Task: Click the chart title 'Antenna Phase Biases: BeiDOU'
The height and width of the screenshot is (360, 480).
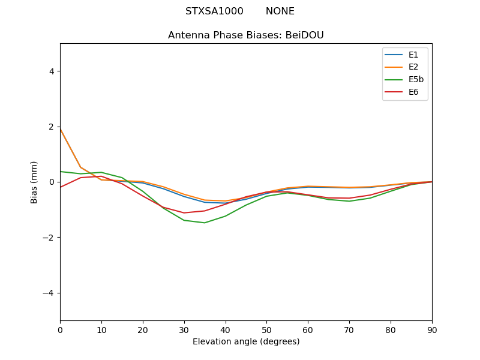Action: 246,35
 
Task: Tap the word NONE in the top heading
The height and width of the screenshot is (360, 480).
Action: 280,11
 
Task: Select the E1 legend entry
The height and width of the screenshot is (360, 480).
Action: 413,55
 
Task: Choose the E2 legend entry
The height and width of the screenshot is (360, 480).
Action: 413,67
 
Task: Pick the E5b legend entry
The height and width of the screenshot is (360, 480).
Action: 416,80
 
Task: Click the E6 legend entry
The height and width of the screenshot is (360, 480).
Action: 413,92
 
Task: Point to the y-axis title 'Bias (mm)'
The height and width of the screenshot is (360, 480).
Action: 34,182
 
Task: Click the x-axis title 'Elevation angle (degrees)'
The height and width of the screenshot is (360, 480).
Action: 246,341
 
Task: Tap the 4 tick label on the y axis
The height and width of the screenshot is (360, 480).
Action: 51,71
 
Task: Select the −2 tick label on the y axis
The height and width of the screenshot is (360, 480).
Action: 48,237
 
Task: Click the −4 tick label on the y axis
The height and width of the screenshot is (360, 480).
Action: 48,293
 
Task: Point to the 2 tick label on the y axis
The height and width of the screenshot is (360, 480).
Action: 51,127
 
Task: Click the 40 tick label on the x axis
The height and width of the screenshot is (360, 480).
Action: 225,329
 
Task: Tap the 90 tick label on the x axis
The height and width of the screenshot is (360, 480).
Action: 432,329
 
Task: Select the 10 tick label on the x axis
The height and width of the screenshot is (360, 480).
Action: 101,329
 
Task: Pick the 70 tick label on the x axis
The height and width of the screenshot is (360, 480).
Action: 349,329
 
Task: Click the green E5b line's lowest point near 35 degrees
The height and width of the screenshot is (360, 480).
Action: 205,223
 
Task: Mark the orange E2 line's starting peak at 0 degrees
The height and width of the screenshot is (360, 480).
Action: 60,128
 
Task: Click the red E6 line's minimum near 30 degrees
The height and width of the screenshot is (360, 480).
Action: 184,212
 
